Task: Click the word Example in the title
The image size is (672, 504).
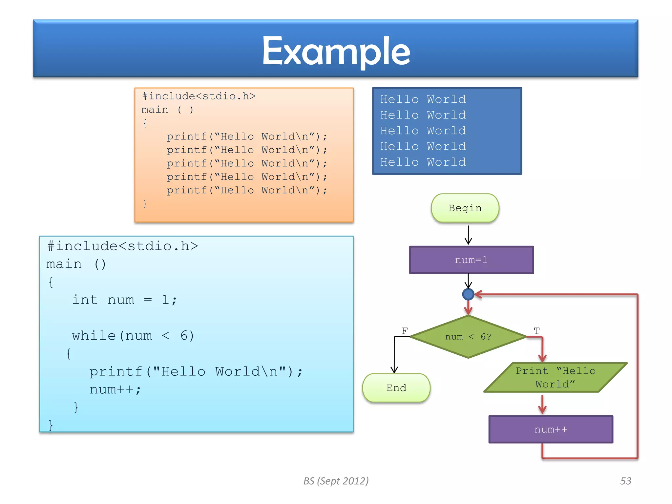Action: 336,51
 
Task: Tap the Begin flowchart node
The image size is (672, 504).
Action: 465,208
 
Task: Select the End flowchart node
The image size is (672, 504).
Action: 396,388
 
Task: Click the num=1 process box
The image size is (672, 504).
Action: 471,260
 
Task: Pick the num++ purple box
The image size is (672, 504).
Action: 551,429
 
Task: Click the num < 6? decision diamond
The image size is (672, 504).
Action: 468,337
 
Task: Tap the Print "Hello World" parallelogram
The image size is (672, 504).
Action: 555,377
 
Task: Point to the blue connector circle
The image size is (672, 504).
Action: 468,294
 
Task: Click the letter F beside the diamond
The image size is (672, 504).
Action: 405,331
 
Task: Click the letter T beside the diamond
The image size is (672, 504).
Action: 537,331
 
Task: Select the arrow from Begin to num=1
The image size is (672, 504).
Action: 468,235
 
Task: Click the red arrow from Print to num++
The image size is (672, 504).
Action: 542,404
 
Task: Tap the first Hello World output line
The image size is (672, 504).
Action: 423,99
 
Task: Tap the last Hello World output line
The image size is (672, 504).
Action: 423,162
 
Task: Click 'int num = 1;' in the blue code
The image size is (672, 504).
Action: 124,300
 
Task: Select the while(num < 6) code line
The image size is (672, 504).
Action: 133,336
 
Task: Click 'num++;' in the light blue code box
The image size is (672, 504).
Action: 115,389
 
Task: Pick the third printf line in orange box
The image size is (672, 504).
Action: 247,163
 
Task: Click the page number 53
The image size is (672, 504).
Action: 625,481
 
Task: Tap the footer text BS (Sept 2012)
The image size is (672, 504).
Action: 336,481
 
